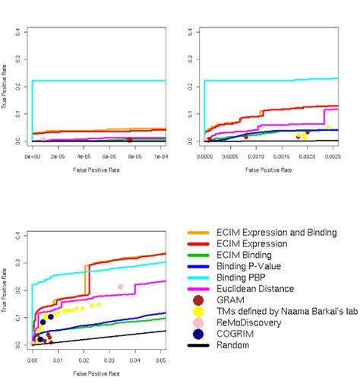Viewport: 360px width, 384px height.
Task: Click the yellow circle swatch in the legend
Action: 198,310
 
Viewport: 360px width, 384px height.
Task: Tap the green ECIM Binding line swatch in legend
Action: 199,255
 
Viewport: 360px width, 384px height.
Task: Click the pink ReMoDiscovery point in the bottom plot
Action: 120,287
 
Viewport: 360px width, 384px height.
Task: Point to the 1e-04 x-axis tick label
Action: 155,155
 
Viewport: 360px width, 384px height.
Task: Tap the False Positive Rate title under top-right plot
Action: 261,170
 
